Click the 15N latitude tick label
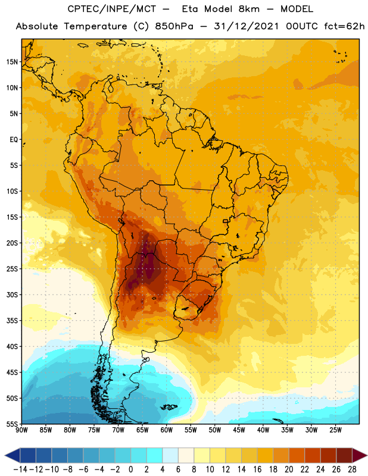click(12, 62)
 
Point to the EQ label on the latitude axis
click(14, 140)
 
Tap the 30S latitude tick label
click(12, 295)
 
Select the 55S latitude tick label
click(12, 424)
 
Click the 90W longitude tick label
click(22, 430)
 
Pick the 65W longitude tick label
click(142, 430)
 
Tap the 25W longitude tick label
click(335, 430)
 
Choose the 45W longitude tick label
click(239, 430)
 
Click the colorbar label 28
click(352, 469)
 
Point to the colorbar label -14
click(20, 469)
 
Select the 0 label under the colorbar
click(130, 469)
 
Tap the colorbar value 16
click(257, 469)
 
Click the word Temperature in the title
click(95, 26)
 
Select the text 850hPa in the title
click(174, 26)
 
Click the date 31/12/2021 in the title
click(246, 26)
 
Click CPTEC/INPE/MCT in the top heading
click(111, 9)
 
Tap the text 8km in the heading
click(249, 9)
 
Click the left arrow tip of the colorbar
click(5, 456)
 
